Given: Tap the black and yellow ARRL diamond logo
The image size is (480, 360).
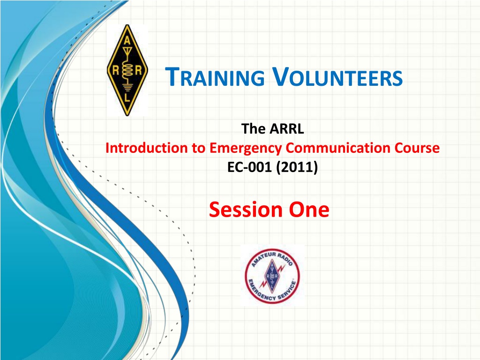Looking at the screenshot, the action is tap(127, 70).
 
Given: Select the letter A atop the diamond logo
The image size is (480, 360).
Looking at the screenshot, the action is tap(127, 41).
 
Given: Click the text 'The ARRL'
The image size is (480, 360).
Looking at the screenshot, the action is tap(272, 128).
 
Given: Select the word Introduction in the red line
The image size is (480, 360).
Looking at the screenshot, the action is tap(147, 148).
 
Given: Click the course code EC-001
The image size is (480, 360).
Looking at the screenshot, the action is tap(249, 167).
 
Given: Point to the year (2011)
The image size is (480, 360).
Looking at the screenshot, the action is tap(297, 167).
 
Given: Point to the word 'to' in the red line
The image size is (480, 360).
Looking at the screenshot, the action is tap(199, 148).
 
